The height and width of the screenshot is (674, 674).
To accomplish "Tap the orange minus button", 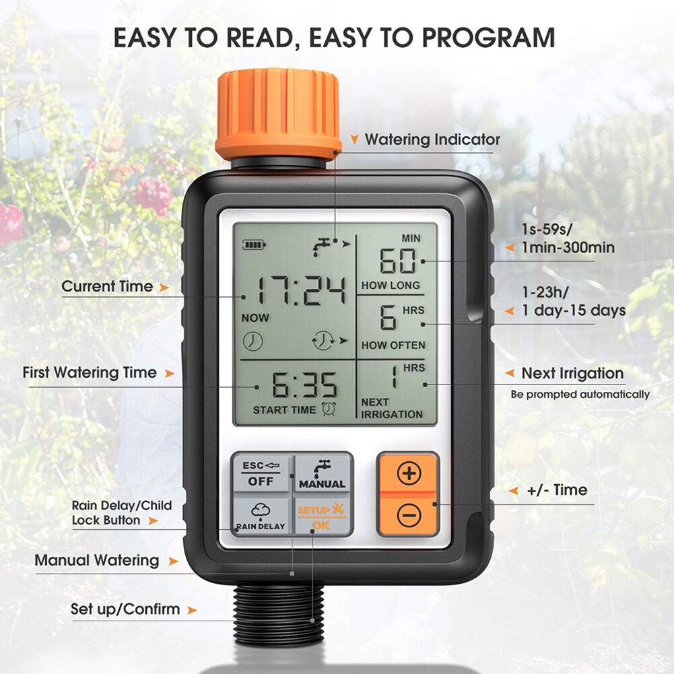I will (409, 516).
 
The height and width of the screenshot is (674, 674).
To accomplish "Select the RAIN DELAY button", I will (261, 516).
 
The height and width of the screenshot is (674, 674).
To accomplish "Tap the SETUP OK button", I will (322, 516).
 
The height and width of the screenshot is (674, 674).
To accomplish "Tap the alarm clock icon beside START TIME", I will (330, 408).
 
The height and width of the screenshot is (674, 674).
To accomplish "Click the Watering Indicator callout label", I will (432, 140).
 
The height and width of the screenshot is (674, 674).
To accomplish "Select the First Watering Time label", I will (90, 372).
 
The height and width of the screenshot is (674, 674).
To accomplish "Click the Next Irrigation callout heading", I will (572, 373).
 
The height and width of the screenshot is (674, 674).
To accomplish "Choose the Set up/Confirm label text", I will (125, 609).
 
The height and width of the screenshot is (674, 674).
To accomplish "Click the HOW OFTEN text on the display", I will (393, 345).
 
